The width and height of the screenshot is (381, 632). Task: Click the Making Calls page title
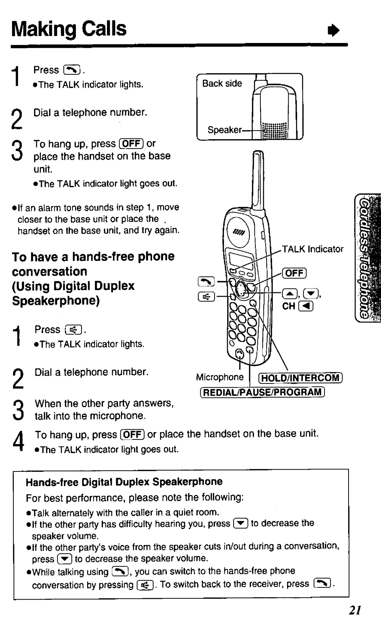click(x=69, y=29)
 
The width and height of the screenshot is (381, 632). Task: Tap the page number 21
click(x=355, y=610)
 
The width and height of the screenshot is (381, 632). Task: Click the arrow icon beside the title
click(x=333, y=31)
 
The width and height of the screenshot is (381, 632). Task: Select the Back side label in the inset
click(x=222, y=83)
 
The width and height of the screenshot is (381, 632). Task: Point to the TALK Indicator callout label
click(x=313, y=249)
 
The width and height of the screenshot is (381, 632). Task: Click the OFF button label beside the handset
click(x=295, y=273)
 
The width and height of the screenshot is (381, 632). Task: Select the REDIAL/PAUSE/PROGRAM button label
click(x=262, y=392)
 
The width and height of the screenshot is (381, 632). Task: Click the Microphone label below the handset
click(x=220, y=377)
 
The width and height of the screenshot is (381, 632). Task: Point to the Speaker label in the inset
click(x=224, y=130)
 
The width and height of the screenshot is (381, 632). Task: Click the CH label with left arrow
click(x=297, y=306)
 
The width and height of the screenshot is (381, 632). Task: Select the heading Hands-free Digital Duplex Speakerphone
click(x=124, y=482)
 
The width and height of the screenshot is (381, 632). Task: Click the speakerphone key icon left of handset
click(x=206, y=297)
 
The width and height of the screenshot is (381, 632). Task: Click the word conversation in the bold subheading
click(x=49, y=271)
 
